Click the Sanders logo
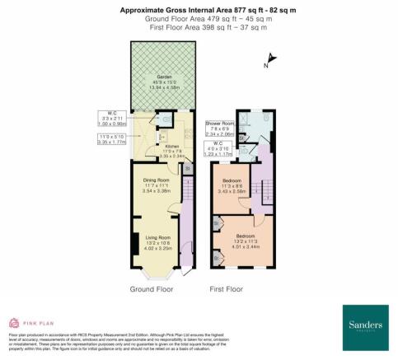tap(363, 320)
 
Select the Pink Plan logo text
tap(39, 322)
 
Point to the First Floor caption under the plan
tap(227, 289)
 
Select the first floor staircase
tap(265, 194)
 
